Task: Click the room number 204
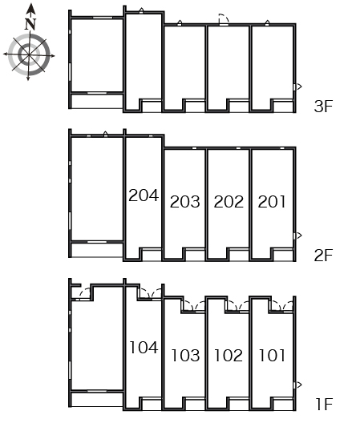pyautogui.click(x=144, y=195)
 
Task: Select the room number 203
pyautogui.click(x=185, y=202)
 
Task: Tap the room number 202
pyautogui.click(x=229, y=202)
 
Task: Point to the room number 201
pyautogui.click(x=272, y=202)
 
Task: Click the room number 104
pyautogui.click(x=144, y=347)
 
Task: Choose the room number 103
pyautogui.click(x=186, y=355)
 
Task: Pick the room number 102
pyautogui.click(x=229, y=355)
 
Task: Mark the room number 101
pyautogui.click(x=273, y=355)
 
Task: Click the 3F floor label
pyautogui.click(x=323, y=106)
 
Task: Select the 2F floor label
pyautogui.click(x=323, y=256)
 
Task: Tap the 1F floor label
pyautogui.click(x=324, y=404)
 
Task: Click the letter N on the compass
pyautogui.click(x=30, y=24)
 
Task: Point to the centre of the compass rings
pyautogui.click(x=29, y=54)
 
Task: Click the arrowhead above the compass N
pyautogui.click(x=31, y=9)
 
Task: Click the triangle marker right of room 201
pyautogui.click(x=299, y=236)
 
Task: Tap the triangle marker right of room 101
pyautogui.click(x=299, y=385)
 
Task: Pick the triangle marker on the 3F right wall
pyautogui.click(x=299, y=87)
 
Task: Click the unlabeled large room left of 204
pyautogui.click(x=97, y=188)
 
